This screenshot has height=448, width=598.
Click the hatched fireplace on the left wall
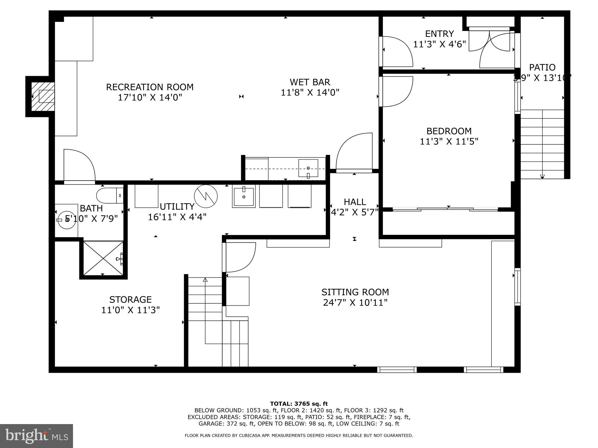click(43, 96)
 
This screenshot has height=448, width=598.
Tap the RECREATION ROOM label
click(149, 87)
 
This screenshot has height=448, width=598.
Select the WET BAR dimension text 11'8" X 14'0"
click(310, 92)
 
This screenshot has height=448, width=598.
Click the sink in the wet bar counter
click(308, 168)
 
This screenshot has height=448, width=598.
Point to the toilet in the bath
click(109, 195)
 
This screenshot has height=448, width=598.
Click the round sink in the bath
click(67, 220)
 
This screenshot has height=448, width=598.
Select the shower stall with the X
click(103, 258)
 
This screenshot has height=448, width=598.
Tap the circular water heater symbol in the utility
click(206, 196)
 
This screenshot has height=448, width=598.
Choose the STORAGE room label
click(130, 300)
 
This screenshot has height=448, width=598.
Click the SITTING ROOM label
click(355, 292)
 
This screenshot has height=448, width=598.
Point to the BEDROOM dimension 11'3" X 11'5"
click(449, 141)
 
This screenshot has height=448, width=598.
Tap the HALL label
click(355, 202)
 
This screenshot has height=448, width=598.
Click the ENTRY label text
click(439, 34)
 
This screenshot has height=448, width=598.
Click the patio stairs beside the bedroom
click(542, 144)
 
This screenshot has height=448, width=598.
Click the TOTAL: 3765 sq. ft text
click(299, 404)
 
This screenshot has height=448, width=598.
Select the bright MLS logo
click(36, 436)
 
